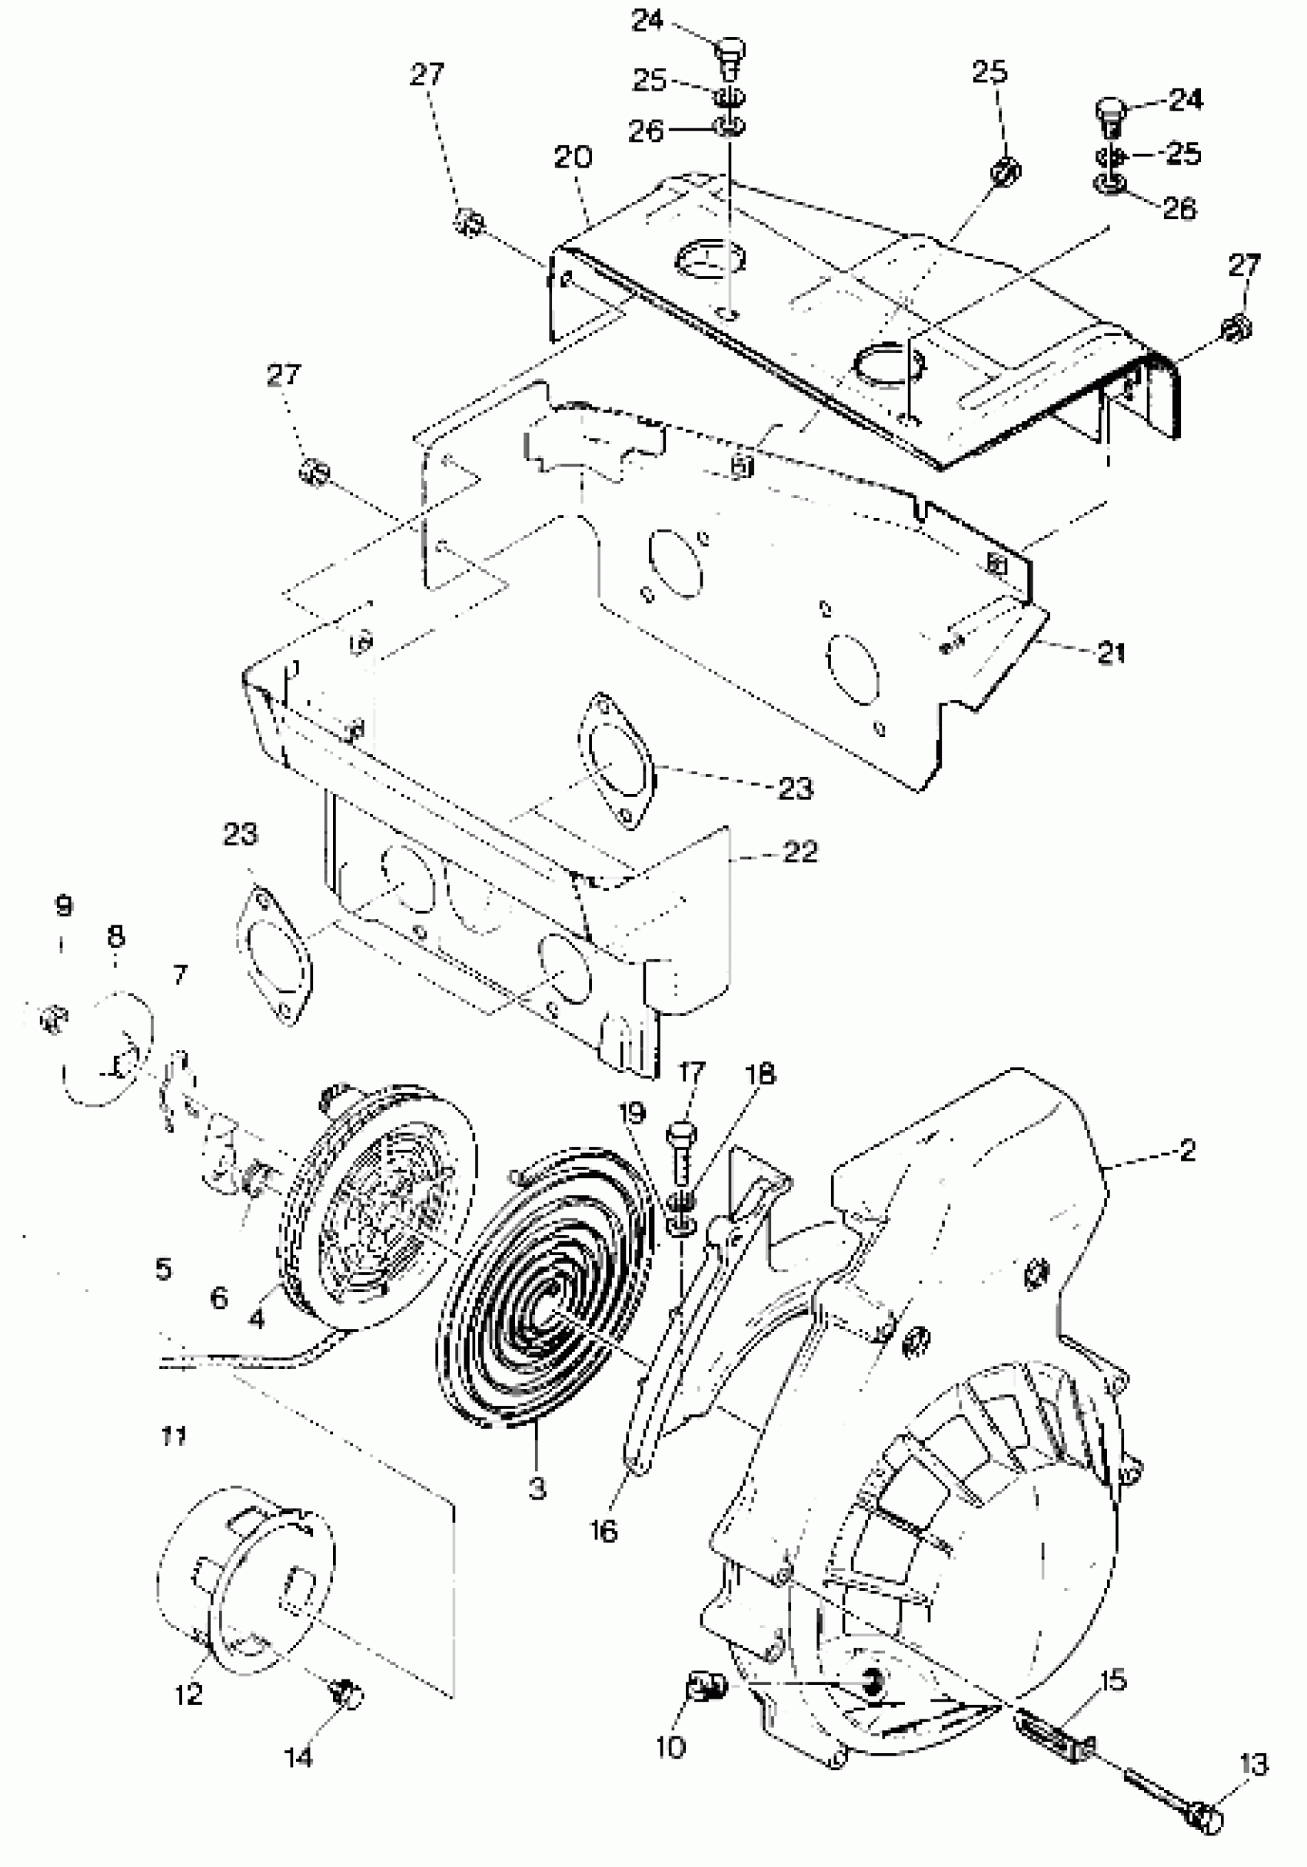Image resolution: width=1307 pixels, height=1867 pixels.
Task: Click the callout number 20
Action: click(574, 157)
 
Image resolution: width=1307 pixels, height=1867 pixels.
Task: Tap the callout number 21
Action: click(1111, 653)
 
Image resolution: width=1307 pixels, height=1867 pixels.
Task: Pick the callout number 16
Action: click(604, 1531)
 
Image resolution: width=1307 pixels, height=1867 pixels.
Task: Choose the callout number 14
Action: click(298, 1757)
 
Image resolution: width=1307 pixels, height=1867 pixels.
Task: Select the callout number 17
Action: click(691, 1072)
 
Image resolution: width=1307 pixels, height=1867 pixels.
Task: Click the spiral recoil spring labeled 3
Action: click(545, 1293)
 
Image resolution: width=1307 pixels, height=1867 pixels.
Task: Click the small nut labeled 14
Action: click(347, 1695)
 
